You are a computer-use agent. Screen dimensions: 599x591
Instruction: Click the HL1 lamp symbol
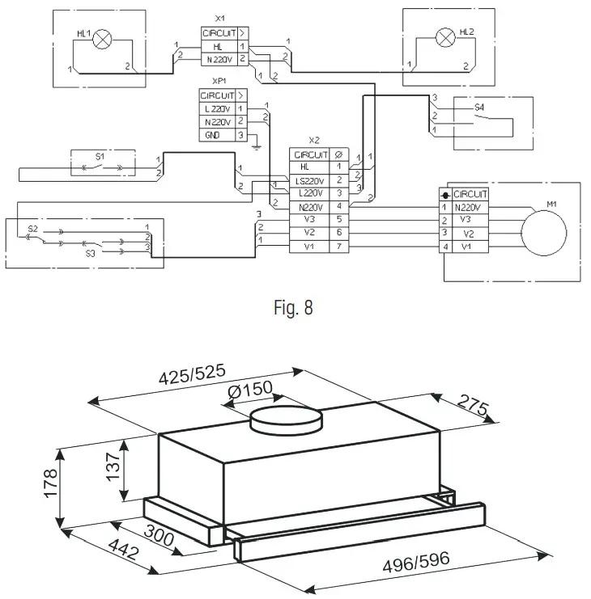pyautogui.click(x=102, y=38)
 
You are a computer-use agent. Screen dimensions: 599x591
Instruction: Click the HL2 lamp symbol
pyautogui.click(x=444, y=36)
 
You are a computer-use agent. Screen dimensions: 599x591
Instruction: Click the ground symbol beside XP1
pyautogui.click(x=255, y=146)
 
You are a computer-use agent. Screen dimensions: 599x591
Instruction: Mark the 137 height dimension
pyautogui.click(x=112, y=465)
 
